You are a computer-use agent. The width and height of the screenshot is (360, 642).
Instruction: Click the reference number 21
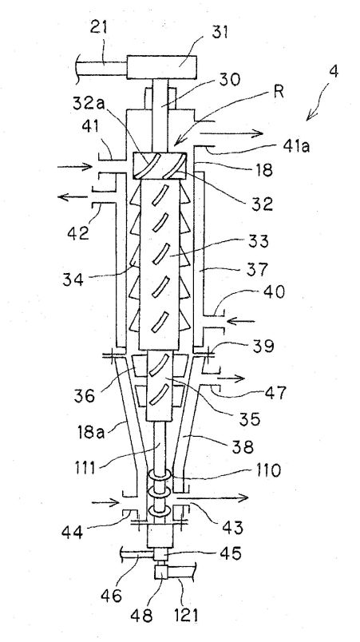(x=98, y=30)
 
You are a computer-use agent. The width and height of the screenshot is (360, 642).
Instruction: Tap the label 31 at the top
(x=220, y=33)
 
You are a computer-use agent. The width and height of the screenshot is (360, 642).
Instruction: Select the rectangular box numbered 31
(x=161, y=67)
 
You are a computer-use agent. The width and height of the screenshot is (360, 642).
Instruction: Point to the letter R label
(x=278, y=92)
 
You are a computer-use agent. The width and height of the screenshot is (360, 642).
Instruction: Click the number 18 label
(x=263, y=169)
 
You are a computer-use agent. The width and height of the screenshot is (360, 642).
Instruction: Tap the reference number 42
(x=78, y=233)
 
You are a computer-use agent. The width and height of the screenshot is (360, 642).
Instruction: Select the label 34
(x=73, y=280)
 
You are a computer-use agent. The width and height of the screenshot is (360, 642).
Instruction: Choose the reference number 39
(x=263, y=346)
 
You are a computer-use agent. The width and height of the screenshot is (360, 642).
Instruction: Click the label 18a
(x=90, y=431)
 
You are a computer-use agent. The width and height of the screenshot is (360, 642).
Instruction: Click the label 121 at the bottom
(x=186, y=614)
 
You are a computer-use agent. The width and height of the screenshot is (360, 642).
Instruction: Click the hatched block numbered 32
(x=160, y=165)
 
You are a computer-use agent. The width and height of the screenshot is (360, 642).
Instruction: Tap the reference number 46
(x=111, y=595)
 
